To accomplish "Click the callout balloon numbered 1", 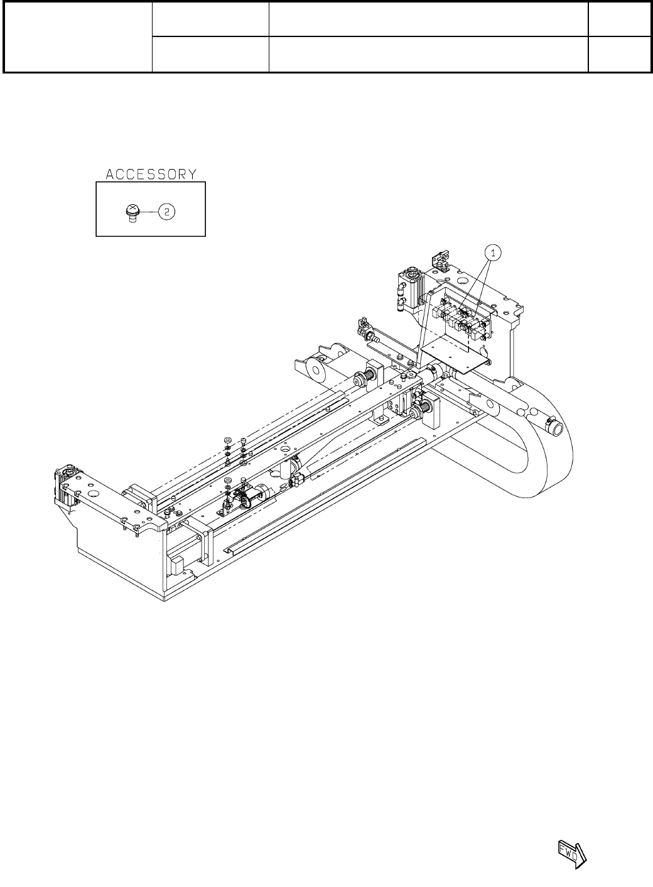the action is tap(493, 253).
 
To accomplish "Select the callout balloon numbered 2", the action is tap(166, 212).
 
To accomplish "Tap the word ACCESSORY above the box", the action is tap(151, 174).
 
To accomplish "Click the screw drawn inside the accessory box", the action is tap(132, 214).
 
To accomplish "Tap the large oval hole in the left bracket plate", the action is tap(94, 494).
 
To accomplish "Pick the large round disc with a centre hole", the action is tap(315, 370).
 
